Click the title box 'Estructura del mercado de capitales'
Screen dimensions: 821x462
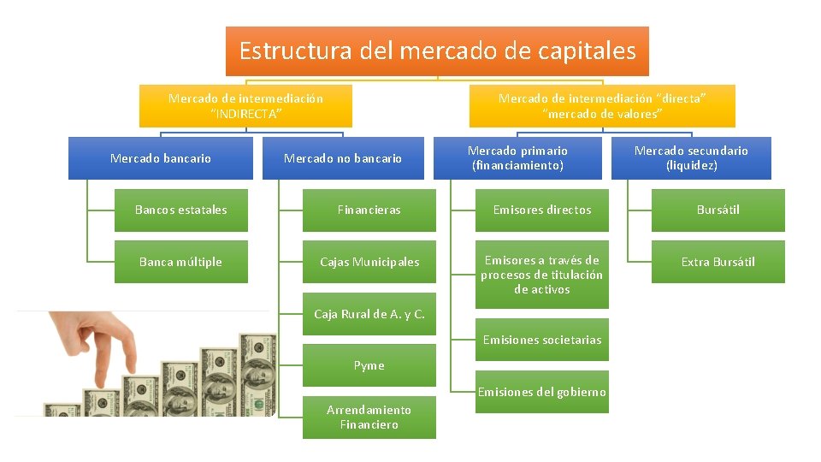click(x=437, y=51)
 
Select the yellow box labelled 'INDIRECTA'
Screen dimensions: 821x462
click(x=245, y=106)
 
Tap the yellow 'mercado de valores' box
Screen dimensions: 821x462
click(x=602, y=106)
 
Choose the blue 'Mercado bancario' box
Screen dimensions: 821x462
click(x=161, y=158)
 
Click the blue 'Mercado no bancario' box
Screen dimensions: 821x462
click(x=342, y=158)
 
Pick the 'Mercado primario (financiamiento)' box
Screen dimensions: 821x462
click(x=517, y=158)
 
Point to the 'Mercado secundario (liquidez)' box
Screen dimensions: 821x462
click(x=691, y=158)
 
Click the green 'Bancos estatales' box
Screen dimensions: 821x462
click(x=181, y=210)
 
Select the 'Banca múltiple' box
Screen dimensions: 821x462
click(x=181, y=262)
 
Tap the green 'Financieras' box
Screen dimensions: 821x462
click(x=369, y=210)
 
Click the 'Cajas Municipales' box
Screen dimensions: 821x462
click(x=369, y=262)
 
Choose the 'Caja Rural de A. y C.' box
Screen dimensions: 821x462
click(x=369, y=314)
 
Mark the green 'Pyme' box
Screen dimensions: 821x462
click(x=369, y=365)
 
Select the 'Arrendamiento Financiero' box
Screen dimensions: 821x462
click(x=369, y=418)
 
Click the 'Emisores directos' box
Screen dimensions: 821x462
click(x=542, y=210)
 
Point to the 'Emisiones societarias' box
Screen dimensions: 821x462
click(x=542, y=340)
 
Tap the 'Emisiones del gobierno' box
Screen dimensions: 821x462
click(x=542, y=392)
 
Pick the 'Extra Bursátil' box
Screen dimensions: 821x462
click(x=718, y=262)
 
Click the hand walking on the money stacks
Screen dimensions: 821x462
click(x=99, y=342)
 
